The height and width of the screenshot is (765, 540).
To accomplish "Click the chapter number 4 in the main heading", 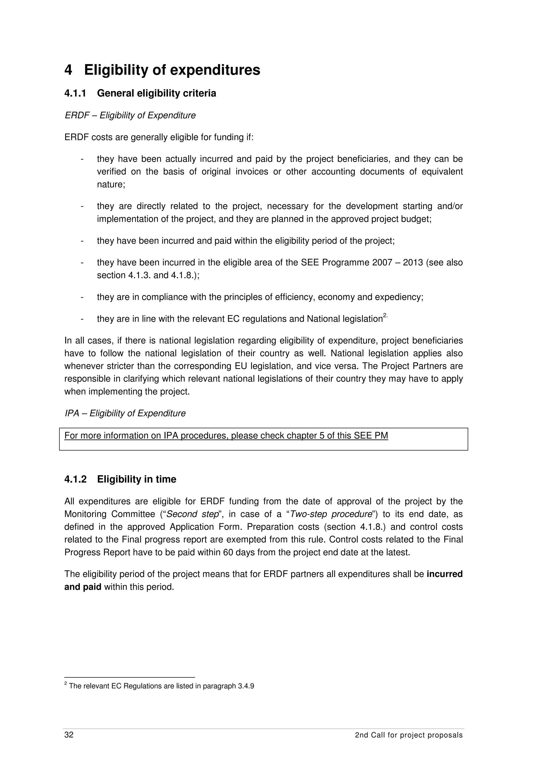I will [68, 70].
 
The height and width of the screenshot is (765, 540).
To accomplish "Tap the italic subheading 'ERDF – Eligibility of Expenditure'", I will [130, 116].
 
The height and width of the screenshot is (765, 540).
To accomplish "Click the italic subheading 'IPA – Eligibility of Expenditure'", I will [125, 413].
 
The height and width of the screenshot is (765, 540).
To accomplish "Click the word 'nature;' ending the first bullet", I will [111, 185].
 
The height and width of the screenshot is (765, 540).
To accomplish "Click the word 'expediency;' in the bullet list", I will [403, 297].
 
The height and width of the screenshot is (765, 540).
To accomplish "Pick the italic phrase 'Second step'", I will [192, 514].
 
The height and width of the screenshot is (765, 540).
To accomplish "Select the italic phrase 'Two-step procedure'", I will [331, 514].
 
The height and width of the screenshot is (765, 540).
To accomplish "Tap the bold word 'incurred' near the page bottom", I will [445, 574].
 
